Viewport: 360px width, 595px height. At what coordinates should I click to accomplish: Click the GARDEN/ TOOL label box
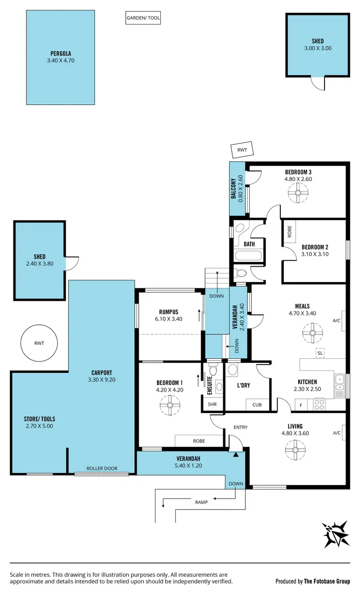coord(143,19)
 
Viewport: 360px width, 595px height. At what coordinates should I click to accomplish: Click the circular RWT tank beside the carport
coord(39,343)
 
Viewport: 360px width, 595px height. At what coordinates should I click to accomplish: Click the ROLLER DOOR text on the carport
coord(102,468)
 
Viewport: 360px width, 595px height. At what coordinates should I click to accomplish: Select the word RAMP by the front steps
coord(202,502)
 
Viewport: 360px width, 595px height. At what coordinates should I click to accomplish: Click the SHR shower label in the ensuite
coord(212,405)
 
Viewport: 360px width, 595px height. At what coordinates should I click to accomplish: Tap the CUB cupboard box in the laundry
coord(257,405)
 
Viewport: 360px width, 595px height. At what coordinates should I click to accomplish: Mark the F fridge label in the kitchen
coord(301,405)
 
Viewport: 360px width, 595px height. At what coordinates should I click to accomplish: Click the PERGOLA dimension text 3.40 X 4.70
coord(61,60)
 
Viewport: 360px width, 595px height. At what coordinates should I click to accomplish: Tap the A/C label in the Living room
coord(336,433)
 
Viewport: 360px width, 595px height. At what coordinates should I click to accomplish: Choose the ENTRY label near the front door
coord(240,427)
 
